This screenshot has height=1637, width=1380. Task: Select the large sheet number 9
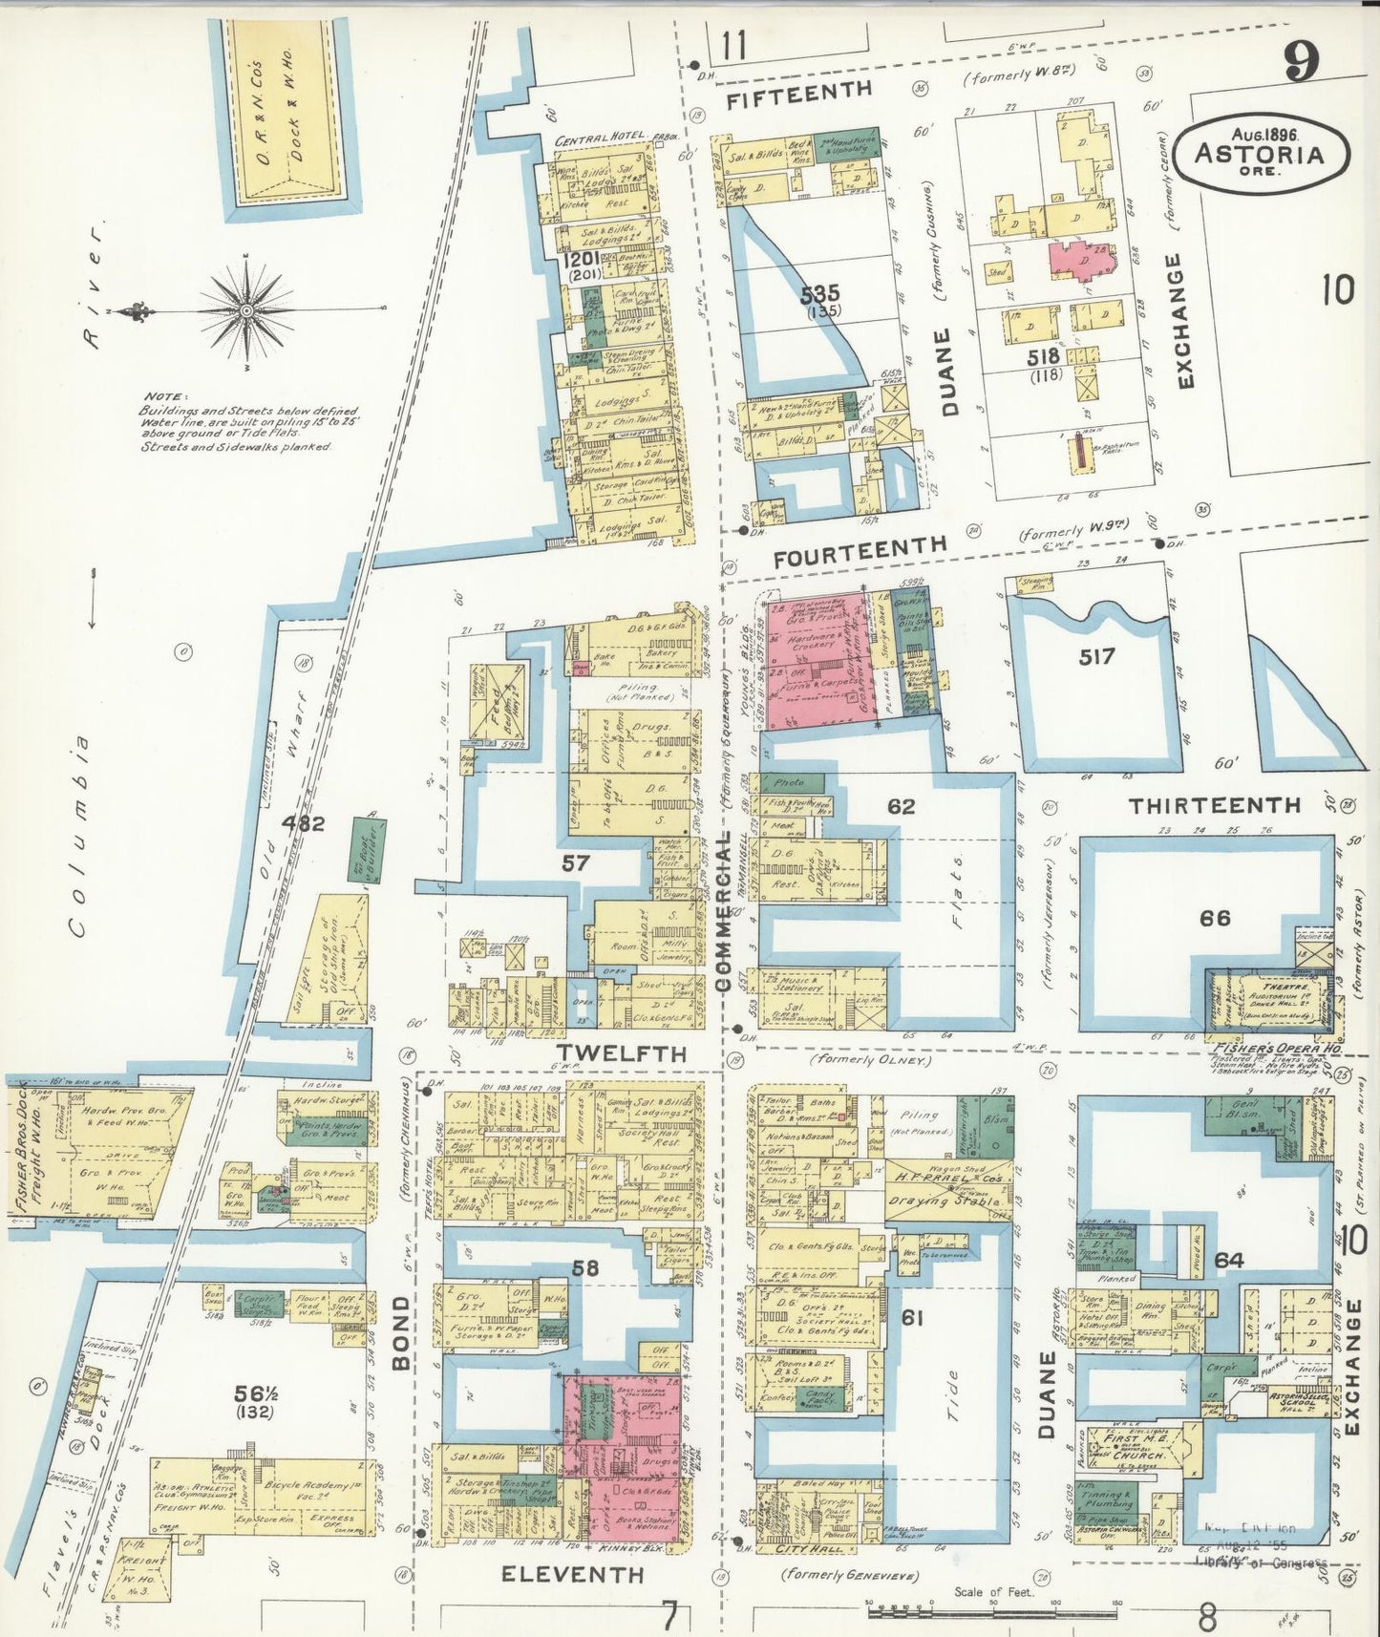tap(1301, 63)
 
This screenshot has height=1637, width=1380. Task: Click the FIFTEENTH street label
tap(798, 91)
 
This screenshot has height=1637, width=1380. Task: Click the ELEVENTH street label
tap(572, 1574)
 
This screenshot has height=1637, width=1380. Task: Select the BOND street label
tap(402, 1332)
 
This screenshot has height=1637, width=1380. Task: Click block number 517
tap(1096, 656)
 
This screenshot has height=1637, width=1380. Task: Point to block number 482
tap(303, 822)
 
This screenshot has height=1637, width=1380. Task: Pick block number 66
tap(1215, 918)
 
